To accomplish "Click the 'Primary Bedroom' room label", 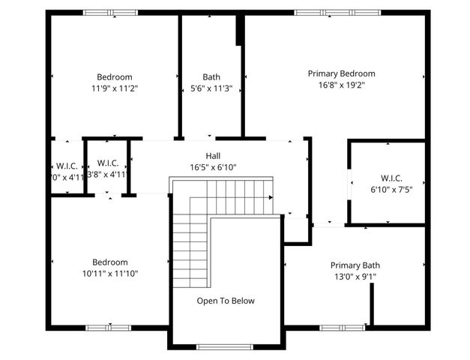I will [341, 73].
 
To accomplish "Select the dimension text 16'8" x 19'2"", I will [341, 85].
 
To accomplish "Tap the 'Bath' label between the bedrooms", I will [211, 76].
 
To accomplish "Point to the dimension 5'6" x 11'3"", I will [211, 88].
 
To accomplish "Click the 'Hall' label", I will [213, 156].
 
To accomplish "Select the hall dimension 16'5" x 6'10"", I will [213, 167].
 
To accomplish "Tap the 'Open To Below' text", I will [226, 301].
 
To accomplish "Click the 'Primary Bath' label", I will [356, 265].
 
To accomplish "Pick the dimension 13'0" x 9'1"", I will [356, 277].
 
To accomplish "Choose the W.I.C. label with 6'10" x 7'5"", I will [391, 178].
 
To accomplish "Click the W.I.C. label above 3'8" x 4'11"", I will [108, 163].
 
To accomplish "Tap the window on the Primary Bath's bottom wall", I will [343, 327].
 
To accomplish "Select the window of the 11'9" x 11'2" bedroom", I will [109, 13].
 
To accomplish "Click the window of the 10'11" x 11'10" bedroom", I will [109, 327].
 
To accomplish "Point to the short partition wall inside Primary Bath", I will [372, 304].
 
